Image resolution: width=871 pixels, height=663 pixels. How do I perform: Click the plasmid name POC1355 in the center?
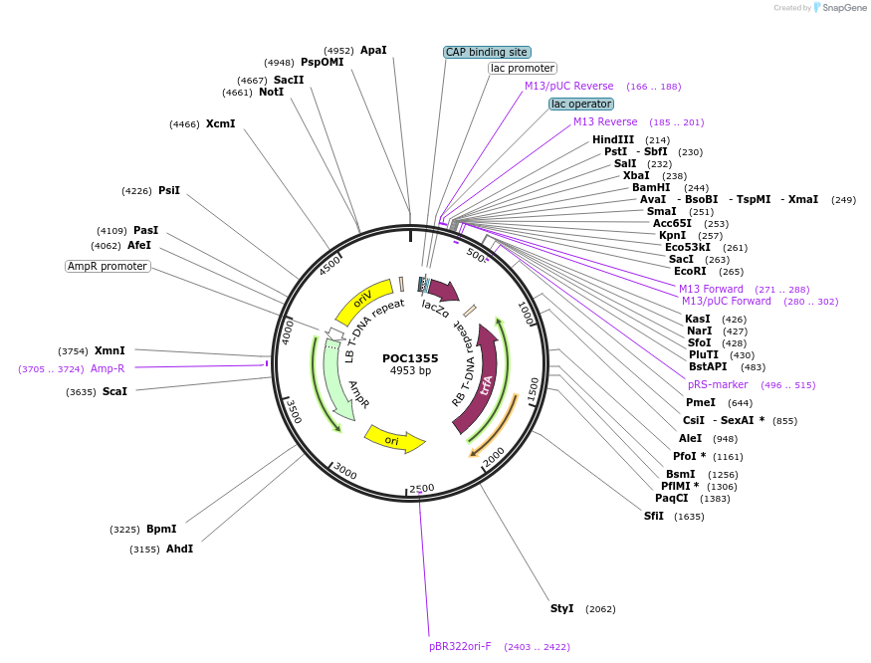pos(410,358)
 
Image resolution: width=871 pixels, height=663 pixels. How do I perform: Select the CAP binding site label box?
pos(487,52)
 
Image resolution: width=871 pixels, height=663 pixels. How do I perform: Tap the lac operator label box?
pos(581,104)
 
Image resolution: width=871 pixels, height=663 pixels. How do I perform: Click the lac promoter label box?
pos(523,69)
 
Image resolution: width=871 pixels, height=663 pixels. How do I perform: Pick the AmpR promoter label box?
pos(108,266)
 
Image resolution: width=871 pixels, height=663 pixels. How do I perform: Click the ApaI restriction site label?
pos(373,50)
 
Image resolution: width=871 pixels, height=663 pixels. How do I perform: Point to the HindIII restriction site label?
pos(613,139)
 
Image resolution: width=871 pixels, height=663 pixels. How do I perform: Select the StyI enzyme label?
pos(562,608)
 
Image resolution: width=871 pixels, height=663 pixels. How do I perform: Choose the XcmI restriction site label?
pos(220,124)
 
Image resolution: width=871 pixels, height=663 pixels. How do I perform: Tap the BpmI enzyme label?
pos(161,529)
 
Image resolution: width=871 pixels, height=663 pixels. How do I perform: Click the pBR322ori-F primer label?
pos(461,646)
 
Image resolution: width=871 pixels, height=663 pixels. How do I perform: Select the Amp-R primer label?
pos(108,368)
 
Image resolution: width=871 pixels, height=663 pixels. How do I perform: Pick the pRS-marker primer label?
pos(718,384)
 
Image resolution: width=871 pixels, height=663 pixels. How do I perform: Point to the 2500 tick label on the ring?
pos(422,488)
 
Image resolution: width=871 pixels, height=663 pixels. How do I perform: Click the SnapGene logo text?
pos(840,8)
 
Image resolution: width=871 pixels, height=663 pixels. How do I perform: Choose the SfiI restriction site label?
pos(654,516)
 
